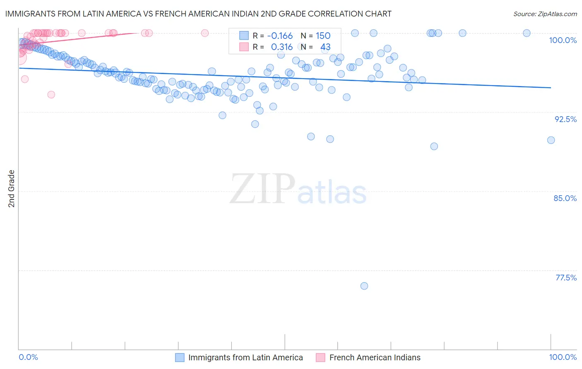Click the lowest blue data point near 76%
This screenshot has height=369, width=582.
pyautogui.click(x=364, y=286)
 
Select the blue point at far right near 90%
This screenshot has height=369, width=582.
pyautogui.click(x=551, y=140)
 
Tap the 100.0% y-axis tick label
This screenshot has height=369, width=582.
pyautogui.click(x=563, y=40)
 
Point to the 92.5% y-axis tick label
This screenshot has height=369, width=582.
pyautogui.click(x=565, y=119)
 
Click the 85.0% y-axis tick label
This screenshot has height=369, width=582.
pyautogui.click(x=565, y=198)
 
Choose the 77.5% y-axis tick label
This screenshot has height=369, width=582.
pyautogui.click(x=566, y=278)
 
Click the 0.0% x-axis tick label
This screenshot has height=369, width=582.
pyautogui.click(x=29, y=357)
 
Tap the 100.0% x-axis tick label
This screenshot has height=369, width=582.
pyautogui.click(x=563, y=357)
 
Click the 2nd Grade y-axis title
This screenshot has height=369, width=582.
pyautogui.click(x=12, y=189)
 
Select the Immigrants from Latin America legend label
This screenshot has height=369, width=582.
pyautogui.click(x=245, y=357)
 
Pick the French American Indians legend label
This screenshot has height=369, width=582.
pyautogui.click(x=375, y=357)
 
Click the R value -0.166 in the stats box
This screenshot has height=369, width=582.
pyautogui.click(x=280, y=36)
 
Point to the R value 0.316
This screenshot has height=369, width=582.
pyautogui.click(x=281, y=47)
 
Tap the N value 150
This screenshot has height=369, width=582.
pyautogui.click(x=323, y=36)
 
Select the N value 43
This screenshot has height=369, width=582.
pyautogui.click(x=325, y=47)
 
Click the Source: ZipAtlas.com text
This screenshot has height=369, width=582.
pyautogui.click(x=545, y=14)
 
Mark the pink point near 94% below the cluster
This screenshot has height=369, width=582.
pyautogui.click(x=51, y=95)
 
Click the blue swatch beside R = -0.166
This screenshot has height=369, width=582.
pyautogui.click(x=244, y=36)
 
